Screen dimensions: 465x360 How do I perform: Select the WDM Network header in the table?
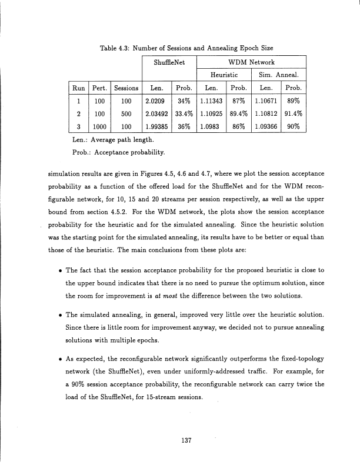[x=252, y=61]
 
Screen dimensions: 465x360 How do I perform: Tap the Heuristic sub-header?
[x=224, y=75]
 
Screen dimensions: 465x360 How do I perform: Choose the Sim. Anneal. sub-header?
[x=278, y=75]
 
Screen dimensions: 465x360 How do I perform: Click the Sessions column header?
[x=125, y=88]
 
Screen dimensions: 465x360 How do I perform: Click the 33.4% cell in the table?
[x=184, y=113]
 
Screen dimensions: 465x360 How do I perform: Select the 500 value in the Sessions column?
[x=125, y=113]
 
